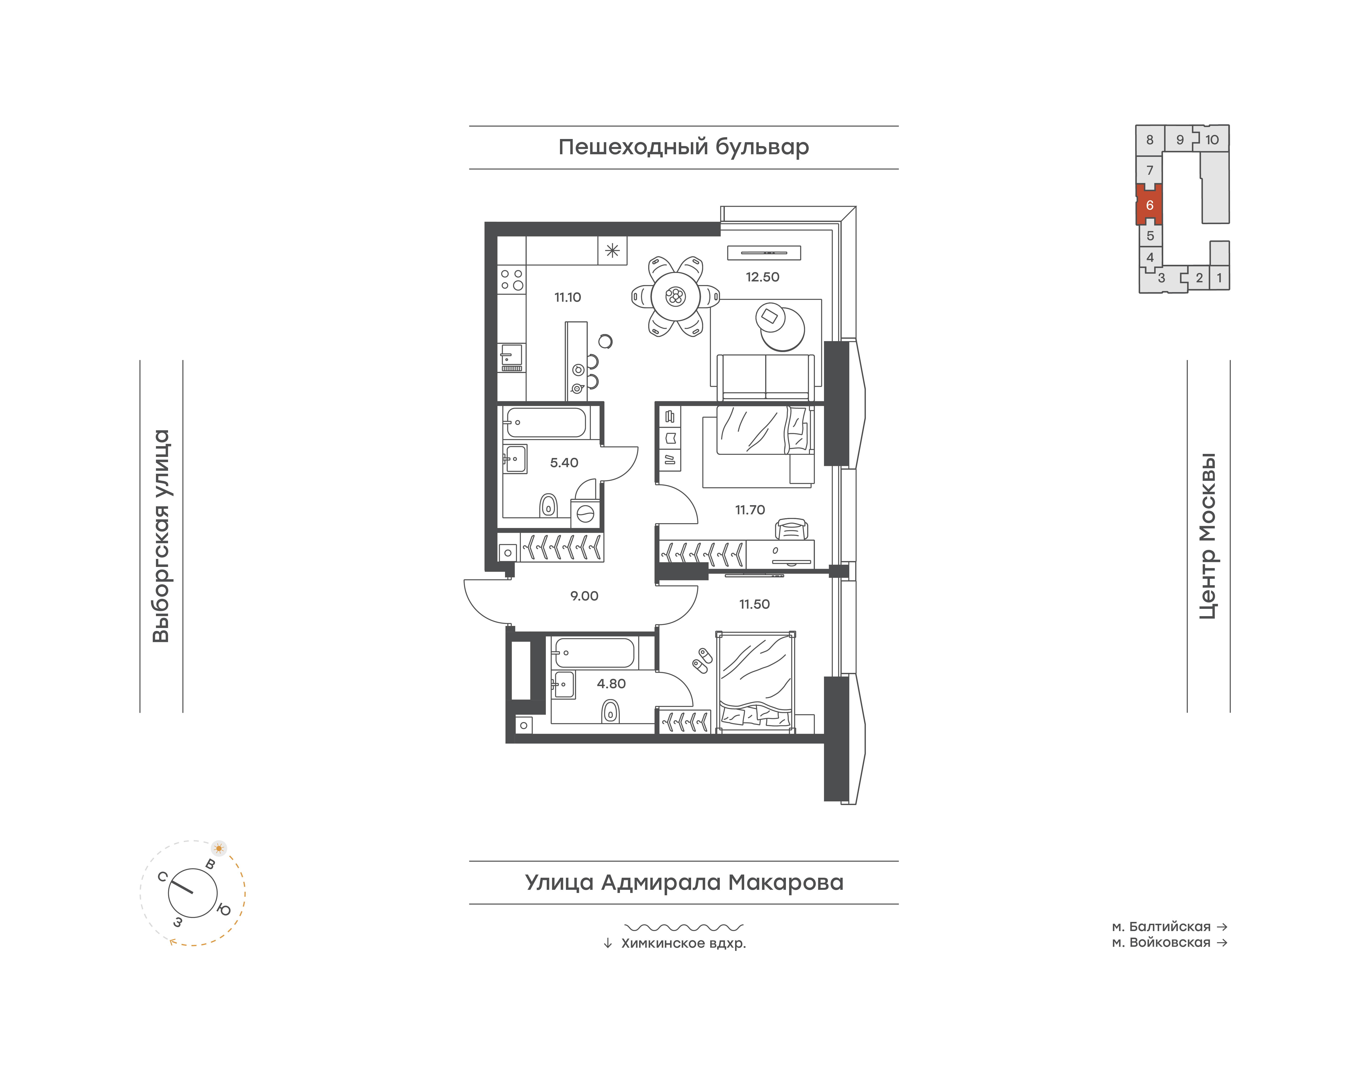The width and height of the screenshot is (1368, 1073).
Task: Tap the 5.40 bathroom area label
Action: pyautogui.click(x=564, y=463)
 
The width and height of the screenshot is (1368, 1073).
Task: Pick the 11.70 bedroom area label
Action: pyautogui.click(x=750, y=510)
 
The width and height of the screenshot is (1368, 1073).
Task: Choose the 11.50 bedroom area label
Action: pyautogui.click(x=754, y=604)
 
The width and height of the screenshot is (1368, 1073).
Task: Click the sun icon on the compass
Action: pyautogui.click(x=219, y=848)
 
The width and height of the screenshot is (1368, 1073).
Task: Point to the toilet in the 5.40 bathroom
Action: pyautogui.click(x=549, y=505)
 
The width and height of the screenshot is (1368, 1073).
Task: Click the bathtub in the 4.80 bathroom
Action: pyautogui.click(x=594, y=653)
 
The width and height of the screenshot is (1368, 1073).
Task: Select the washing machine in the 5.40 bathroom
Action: pyautogui.click(x=585, y=514)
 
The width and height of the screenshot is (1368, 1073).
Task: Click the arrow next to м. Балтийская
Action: pyautogui.click(x=1222, y=927)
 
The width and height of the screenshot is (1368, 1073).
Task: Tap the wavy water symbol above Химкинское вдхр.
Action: pyautogui.click(x=684, y=927)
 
